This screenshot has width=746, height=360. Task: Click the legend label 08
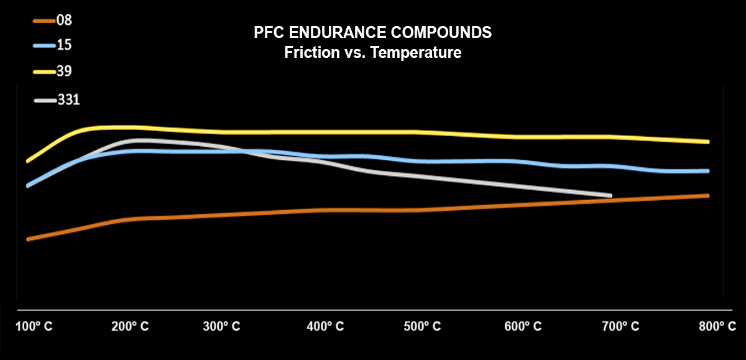[x=65, y=20]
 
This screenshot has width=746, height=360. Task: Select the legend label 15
[x=64, y=45]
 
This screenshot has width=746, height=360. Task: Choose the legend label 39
[x=65, y=71]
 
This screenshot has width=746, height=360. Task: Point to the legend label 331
[x=68, y=99]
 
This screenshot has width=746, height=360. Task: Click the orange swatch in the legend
[x=43, y=21]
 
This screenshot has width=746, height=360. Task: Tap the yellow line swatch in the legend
[x=43, y=72]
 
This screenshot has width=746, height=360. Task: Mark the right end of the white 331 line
[x=610, y=196]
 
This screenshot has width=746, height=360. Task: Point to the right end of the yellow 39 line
[x=707, y=142]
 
